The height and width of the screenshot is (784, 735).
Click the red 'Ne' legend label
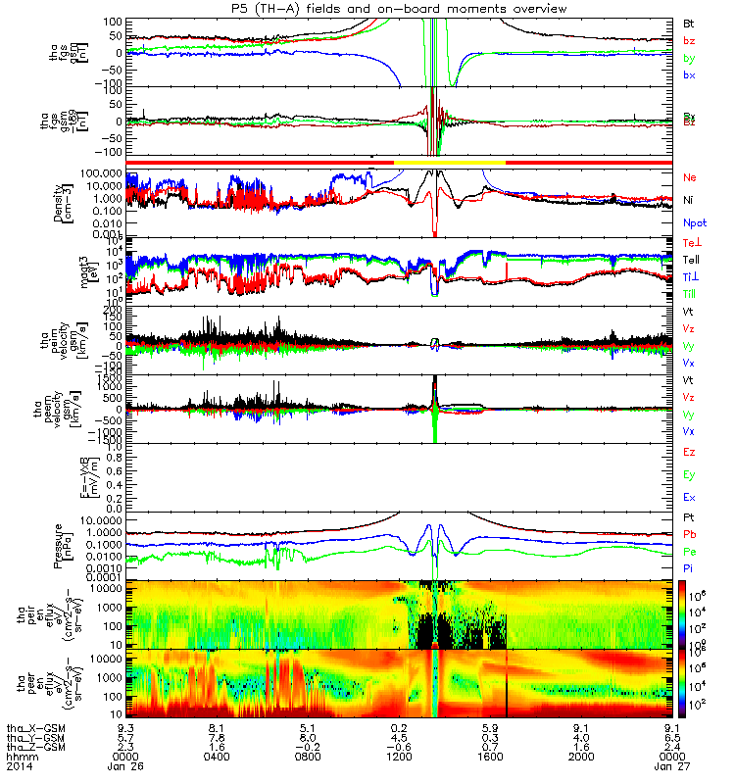tap(691, 178)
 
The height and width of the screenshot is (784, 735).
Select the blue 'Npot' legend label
tap(695, 222)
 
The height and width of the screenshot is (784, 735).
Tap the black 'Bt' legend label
tap(690, 22)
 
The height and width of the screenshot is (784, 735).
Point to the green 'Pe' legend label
tap(690, 553)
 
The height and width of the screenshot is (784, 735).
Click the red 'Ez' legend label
tap(690, 454)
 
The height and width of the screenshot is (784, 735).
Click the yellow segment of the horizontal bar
tap(449, 161)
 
